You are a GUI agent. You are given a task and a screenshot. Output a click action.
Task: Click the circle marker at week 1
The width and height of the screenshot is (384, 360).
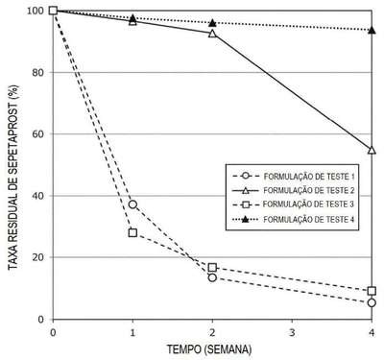tap(132, 204)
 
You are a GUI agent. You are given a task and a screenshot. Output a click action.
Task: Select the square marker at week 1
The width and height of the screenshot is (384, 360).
tap(132, 232)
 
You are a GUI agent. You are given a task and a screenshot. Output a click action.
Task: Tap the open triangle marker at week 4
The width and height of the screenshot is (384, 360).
tap(372, 150)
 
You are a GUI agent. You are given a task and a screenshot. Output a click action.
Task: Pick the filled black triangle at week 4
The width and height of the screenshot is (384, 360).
tap(372, 31)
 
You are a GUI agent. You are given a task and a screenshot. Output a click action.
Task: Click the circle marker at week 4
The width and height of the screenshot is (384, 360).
tap(372, 302)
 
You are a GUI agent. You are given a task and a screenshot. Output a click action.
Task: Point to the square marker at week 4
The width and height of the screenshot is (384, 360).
tap(372, 291)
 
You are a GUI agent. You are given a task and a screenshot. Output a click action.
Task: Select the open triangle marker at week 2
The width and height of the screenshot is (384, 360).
tap(212, 34)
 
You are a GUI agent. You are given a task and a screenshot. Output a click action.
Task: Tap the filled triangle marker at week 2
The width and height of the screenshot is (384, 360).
tap(212, 23)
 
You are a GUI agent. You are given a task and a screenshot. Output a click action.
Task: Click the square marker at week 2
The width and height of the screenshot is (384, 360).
tap(212, 268)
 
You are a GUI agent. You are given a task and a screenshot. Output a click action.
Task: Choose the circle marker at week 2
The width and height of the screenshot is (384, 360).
tap(212, 277)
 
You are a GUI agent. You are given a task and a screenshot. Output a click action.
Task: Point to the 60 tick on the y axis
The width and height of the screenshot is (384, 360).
tap(37, 134)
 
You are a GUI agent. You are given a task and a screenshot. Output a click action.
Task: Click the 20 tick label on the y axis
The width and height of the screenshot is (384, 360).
tap(37, 257)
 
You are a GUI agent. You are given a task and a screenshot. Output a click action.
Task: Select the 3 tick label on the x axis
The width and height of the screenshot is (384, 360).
tap(292, 333)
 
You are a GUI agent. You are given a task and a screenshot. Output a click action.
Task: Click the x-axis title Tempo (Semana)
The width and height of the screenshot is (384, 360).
tap(209, 349)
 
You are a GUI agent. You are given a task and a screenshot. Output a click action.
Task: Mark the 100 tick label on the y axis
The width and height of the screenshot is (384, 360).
tap(36, 11)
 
